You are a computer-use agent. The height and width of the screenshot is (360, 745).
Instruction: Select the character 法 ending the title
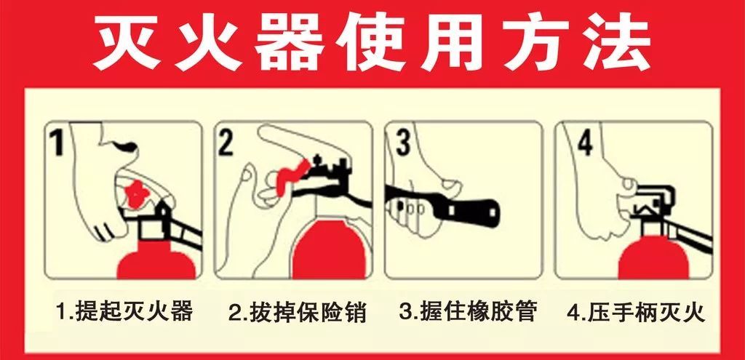[616, 44]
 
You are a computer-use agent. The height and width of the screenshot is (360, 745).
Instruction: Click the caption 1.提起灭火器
[124, 311]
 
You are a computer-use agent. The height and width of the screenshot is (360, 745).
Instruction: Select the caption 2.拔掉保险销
[298, 312]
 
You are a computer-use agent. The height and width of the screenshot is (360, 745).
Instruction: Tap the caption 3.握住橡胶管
[469, 311]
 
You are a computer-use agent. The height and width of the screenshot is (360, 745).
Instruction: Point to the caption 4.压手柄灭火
[637, 312]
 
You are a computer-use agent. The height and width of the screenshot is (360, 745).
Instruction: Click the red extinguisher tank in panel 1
[156, 264]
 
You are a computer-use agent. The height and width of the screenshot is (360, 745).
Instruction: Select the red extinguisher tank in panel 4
[653, 259]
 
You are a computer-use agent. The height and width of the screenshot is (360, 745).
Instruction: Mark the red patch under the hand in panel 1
[137, 193]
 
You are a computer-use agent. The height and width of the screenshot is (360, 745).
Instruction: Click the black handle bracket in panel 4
[655, 200]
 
